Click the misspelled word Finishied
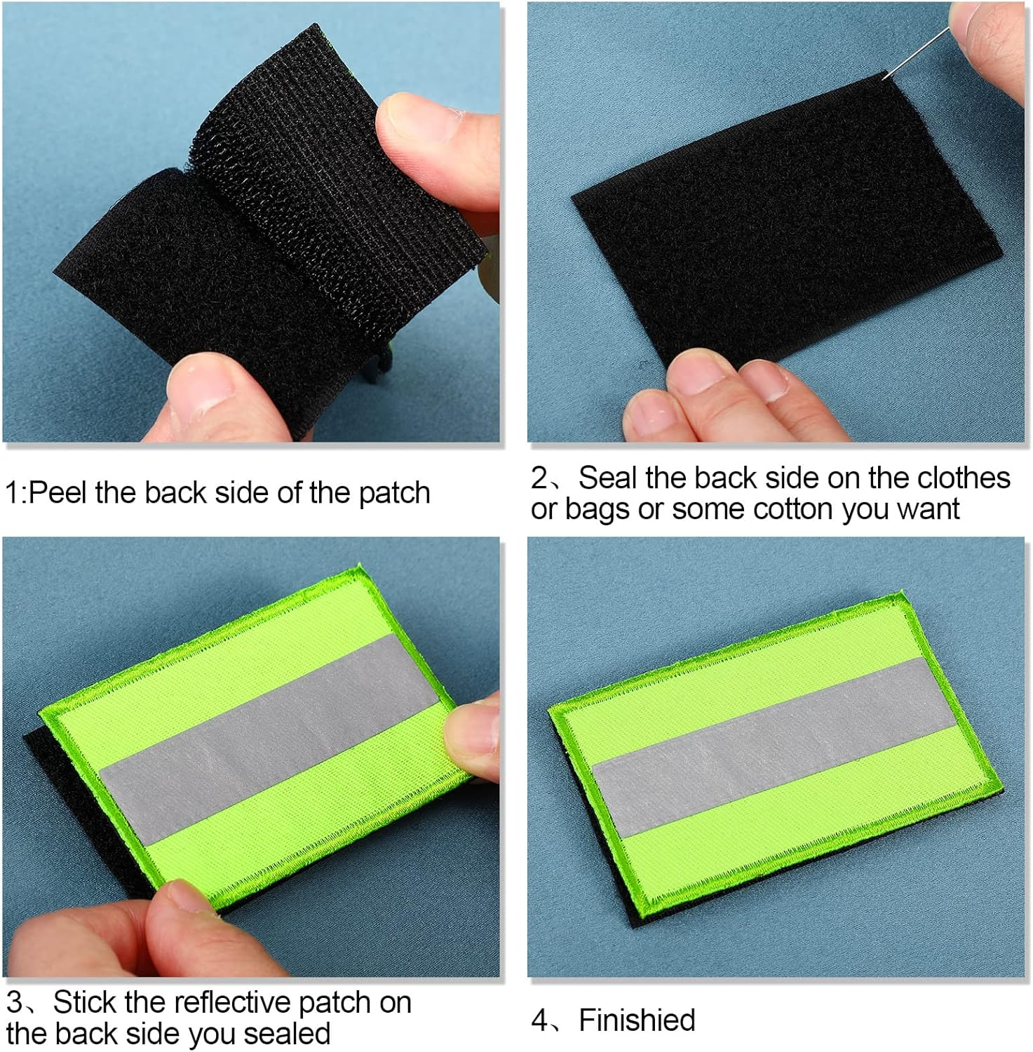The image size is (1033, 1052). point(637,1020)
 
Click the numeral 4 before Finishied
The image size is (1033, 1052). point(539,1020)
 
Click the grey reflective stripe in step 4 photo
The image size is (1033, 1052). point(764,747)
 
